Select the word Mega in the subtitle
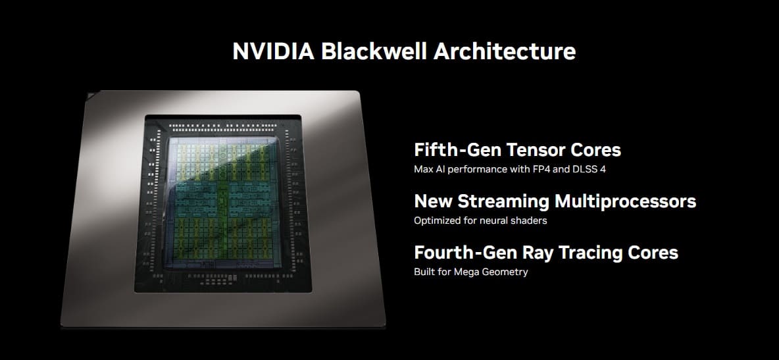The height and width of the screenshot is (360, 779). [469, 272]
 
